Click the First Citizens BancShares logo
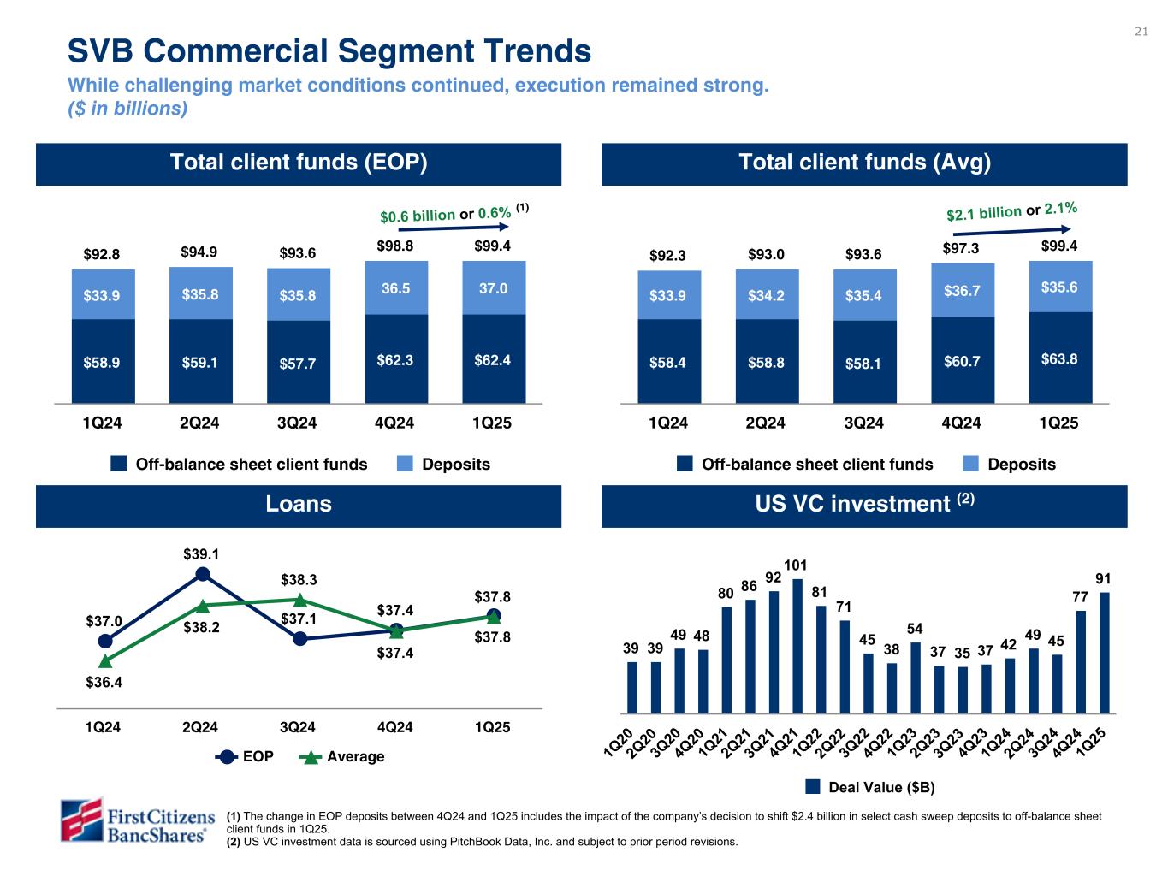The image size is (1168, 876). coord(135,820)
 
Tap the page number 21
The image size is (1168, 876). coord(1141,33)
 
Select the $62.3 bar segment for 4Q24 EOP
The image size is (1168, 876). coord(395,359)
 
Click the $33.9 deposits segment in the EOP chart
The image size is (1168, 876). coord(102,295)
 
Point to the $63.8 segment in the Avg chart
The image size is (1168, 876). coord(1059,358)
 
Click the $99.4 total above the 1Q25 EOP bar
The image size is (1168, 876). coord(493,246)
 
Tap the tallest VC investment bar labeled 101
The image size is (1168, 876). coord(797,646)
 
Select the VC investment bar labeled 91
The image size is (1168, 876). coord(1104,653)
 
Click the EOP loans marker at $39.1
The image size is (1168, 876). coord(203,574)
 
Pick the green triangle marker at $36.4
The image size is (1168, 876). coord(105,660)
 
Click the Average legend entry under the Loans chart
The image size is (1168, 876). coord(342,756)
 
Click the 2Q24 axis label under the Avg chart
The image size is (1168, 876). coord(765,423)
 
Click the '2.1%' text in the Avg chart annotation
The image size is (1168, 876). coord(1060,207)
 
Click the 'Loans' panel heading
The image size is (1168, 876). coord(299,504)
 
